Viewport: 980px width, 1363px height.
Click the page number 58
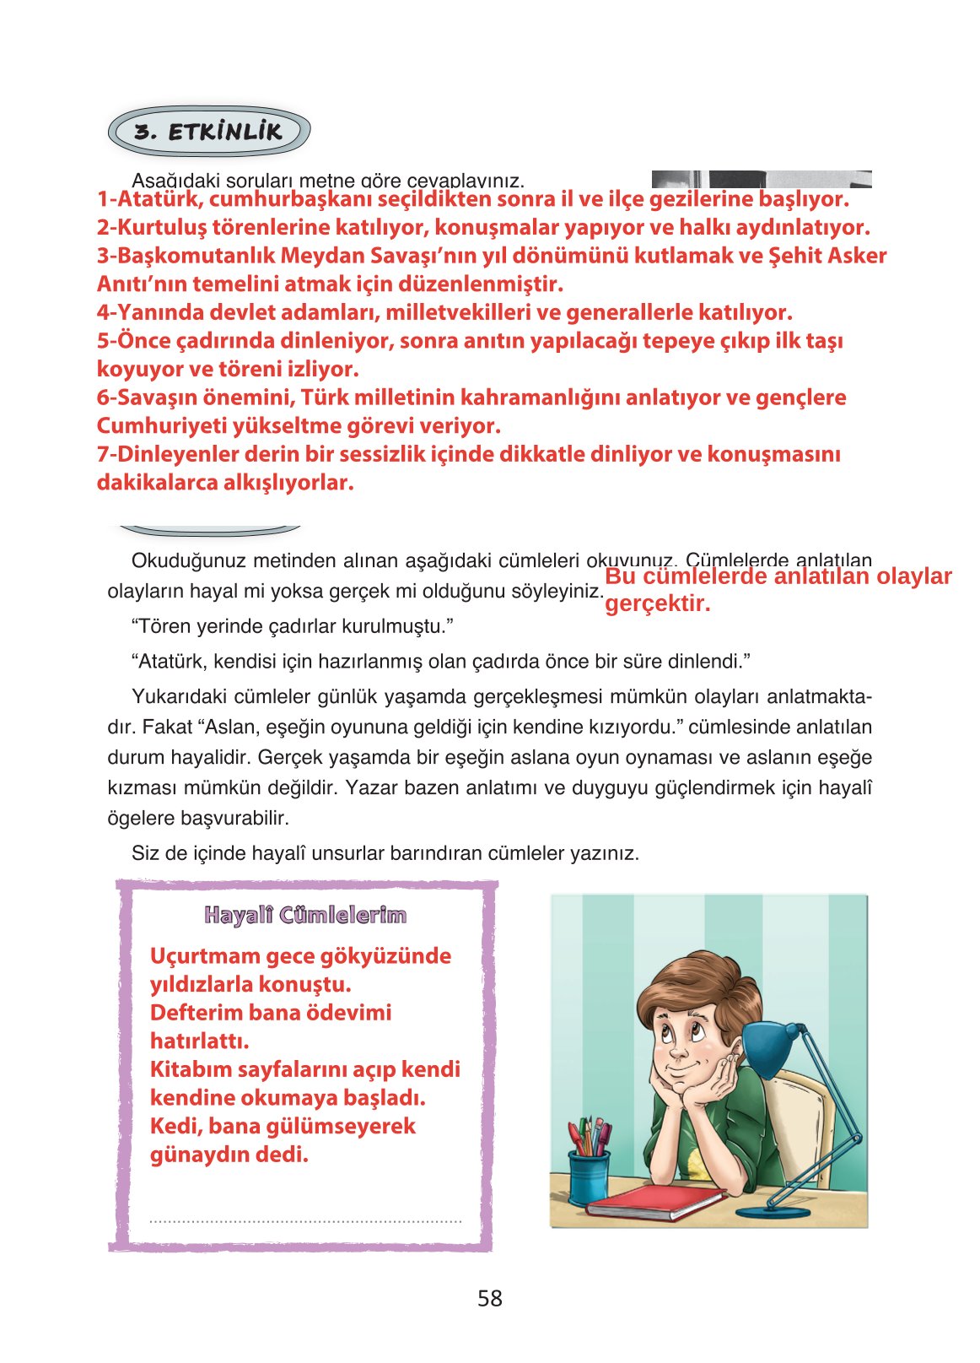click(x=489, y=1298)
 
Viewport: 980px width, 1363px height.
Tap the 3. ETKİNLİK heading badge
click(x=209, y=132)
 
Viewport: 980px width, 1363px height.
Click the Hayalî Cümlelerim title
click(x=305, y=915)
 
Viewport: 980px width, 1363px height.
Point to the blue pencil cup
click(x=589, y=1175)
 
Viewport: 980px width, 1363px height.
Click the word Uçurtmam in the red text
click(x=204, y=956)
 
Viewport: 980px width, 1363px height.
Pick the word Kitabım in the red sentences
click(x=190, y=1069)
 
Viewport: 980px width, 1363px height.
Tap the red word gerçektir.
click(x=658, y=603)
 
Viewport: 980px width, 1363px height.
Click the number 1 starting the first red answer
click(x=102, y=199)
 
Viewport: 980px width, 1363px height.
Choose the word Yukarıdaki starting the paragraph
click(x=177, y=696)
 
